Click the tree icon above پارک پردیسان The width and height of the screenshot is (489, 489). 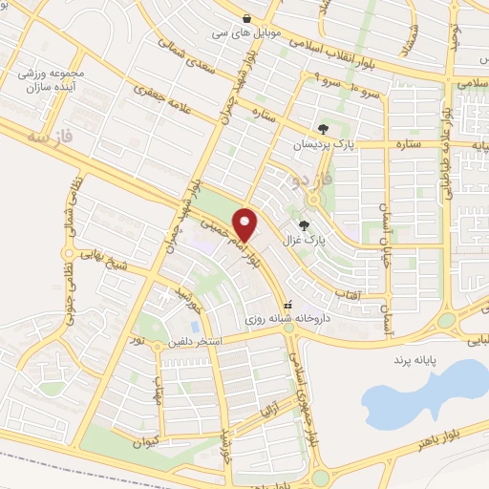coord(323,128)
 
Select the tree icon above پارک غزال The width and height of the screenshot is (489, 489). coord(305,225)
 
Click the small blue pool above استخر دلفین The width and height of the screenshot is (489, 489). coord(195,327)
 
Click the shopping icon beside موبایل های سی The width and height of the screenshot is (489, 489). coord(247,18)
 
